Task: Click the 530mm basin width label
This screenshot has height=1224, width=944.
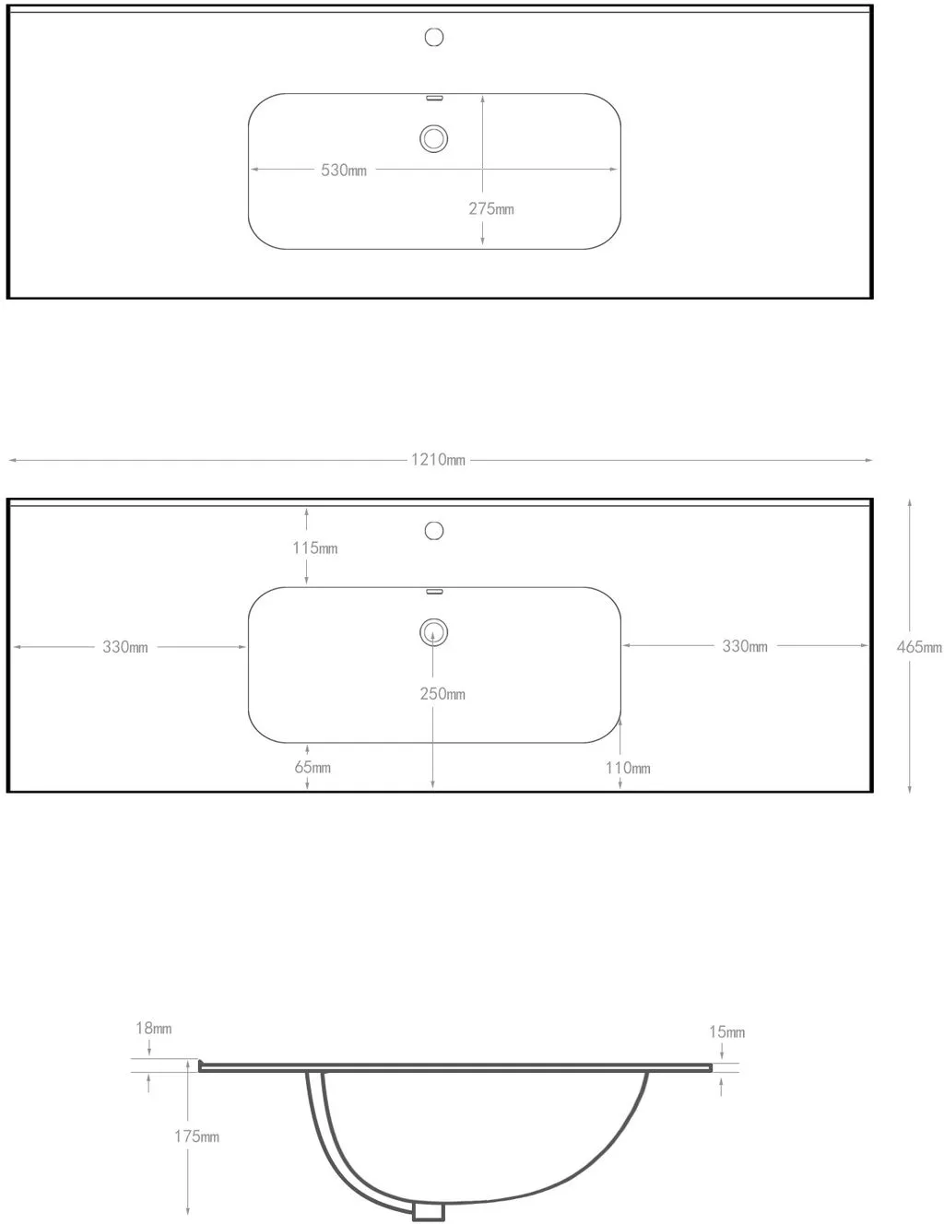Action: (x=344, y=171)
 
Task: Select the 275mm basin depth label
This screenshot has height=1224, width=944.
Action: (x=491, y=209)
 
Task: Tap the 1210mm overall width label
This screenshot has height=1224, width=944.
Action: (x=438, y=460)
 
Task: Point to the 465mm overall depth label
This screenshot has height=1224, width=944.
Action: (x=919, y=647)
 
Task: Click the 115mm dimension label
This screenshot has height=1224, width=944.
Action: (x=315, y=547)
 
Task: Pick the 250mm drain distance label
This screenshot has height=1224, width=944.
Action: (x=442, y=693)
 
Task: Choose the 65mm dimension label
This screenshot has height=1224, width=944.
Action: (x=313, y=767)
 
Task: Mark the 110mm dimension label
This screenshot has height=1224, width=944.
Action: (x=628, y=768)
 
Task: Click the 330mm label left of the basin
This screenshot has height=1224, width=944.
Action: (x=125, y=647)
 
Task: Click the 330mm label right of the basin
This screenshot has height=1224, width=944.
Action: (x=745, y=645)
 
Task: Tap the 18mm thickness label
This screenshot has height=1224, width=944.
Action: (x=154, y=1028)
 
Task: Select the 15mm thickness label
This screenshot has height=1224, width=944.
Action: (x=726, y=1032)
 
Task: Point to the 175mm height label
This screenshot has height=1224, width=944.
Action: (x=196, y=1136)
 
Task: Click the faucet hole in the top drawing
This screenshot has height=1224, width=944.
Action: (x=433, y=37)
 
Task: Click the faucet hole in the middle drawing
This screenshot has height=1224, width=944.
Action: (x=433, y=531)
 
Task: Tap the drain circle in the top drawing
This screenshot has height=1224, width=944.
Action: (x=433, y=138)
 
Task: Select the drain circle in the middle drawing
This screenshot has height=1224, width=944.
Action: (x=433, y=632)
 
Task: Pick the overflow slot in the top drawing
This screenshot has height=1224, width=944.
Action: (x=434, y=98)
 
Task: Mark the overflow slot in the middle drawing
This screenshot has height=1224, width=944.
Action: (x=434, y=592)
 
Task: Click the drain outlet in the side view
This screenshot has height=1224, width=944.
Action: (x=429, y=1210)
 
